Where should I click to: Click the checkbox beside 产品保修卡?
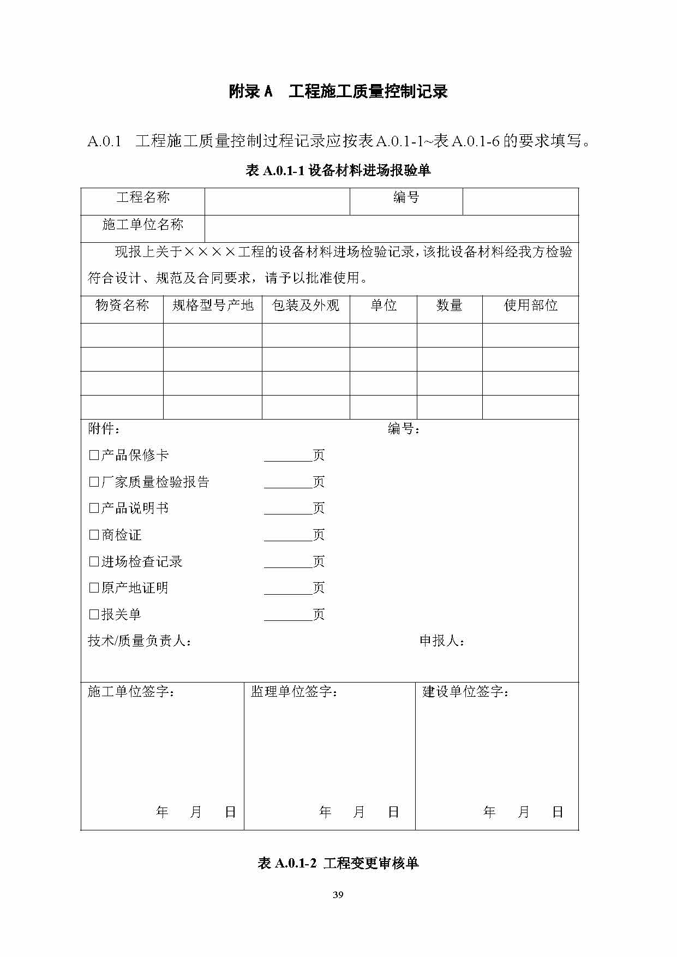point(94,455)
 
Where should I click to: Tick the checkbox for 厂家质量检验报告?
point(94,482)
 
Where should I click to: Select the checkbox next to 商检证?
point(94,535)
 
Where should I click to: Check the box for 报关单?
point(94,614)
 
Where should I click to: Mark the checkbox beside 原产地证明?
point(94,588)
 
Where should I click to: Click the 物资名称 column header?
point(122,306)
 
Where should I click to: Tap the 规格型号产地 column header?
point(213,306)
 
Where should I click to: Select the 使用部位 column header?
point(530,306)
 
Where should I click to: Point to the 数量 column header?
point(450,306)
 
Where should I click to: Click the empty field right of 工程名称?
point(277,201)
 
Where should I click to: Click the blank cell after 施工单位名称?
point(391,229)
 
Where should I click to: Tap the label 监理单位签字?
point(294,692)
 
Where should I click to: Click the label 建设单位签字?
point(465,692)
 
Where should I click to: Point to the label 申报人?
point(442,641)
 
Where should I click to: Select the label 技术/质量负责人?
point(140,641)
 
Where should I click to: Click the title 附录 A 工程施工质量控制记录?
point(338,92)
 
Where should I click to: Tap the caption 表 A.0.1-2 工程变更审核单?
point(338,863)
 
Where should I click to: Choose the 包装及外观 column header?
point(305,306)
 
